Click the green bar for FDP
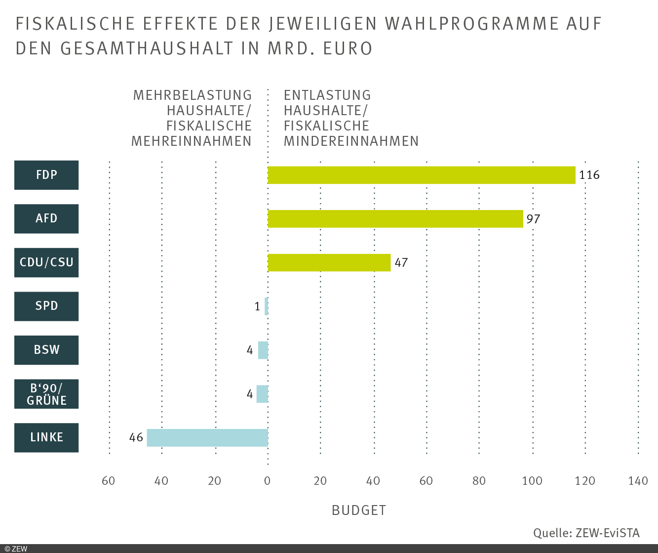(422, 175)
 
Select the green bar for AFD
(395, 219)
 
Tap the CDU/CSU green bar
(329, 262)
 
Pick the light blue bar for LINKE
(207, 438)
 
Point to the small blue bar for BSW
(263, 350)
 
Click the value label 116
(589, 175)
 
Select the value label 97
(533, 219)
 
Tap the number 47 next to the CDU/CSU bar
(401, 262)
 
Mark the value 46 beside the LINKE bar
(136, 438)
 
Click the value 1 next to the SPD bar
(257, 307)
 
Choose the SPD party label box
(46, 306)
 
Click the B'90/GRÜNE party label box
(46, 394)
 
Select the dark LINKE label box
(46, 437)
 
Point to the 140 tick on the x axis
(638, 481)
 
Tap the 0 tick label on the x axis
(268, 481)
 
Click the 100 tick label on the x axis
(532, 481)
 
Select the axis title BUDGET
(359, 510)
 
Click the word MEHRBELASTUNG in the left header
(193, 95)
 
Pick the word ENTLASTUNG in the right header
(327, 95)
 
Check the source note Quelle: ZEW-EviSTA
(586, 533)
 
